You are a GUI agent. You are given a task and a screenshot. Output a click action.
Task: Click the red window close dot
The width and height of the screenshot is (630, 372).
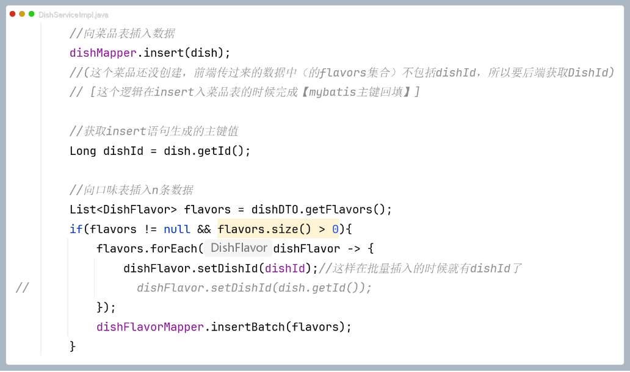(x=12, y=14)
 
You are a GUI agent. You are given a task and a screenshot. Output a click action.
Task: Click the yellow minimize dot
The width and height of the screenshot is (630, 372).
(x=22, y=14)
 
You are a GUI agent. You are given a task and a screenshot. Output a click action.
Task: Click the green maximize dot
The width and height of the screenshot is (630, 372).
(x=31, y=14)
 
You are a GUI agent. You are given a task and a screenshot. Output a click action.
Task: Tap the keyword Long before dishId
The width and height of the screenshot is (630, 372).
(x=82, y=151)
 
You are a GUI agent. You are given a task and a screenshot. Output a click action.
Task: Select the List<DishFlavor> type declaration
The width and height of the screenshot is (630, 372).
(x=123, y=210)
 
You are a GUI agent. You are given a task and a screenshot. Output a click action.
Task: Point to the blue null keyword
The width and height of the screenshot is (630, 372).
(x=177, y=229)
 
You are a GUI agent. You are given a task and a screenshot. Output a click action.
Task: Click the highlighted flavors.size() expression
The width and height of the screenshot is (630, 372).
(x=268, y=229)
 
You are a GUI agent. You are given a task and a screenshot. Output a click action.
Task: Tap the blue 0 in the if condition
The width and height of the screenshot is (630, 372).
(x=335, y=229)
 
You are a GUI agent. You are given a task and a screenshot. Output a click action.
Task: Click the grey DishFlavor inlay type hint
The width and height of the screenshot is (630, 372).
(x=239, y=248)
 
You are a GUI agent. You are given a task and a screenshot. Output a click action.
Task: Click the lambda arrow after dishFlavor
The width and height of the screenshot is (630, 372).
(x=355, y=249)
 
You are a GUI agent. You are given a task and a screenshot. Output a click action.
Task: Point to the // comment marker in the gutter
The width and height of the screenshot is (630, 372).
(x=22, y=288)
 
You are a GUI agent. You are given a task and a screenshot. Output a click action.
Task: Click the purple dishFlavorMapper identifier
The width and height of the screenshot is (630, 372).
(x=150, y=327)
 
